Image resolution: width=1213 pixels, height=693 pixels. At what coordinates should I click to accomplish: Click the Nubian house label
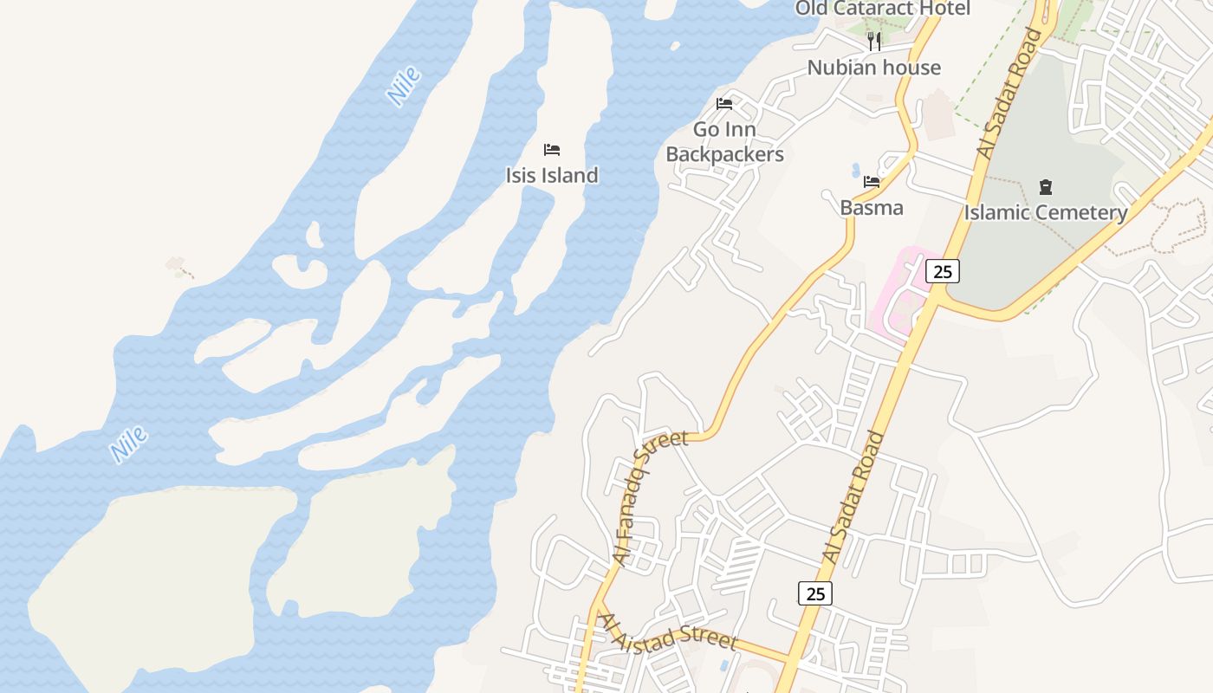pos(873,68)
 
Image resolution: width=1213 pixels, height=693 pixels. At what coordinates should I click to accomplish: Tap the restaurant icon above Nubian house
pos(874,41)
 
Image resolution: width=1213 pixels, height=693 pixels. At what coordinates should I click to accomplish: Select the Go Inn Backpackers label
pos(724,142)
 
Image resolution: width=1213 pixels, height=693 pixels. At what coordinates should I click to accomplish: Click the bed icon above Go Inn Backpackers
pos(724,104)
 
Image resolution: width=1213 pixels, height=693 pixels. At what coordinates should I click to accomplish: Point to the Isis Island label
pos(552,175)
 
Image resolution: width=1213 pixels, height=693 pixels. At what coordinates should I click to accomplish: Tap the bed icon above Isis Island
pos(552,150)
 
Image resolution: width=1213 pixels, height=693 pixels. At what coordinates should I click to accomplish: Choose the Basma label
pos(872,208)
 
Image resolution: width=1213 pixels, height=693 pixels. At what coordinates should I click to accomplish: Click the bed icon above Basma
pos(872,182)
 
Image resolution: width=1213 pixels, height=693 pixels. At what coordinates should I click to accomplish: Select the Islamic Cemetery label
pos(1046,212)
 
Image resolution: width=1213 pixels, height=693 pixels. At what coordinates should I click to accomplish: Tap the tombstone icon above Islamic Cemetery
pos(1046,187)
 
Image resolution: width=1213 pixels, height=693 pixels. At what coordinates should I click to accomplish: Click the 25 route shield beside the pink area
pos(943,271)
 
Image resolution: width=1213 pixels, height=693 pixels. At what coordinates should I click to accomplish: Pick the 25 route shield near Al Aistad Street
pos(815,593)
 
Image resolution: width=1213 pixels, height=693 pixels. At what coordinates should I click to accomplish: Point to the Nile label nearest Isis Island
pos(404,86)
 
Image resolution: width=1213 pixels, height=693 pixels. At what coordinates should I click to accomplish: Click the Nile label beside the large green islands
pos(128,444)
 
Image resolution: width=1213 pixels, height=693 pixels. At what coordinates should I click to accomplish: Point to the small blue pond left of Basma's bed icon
pos(855,170)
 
